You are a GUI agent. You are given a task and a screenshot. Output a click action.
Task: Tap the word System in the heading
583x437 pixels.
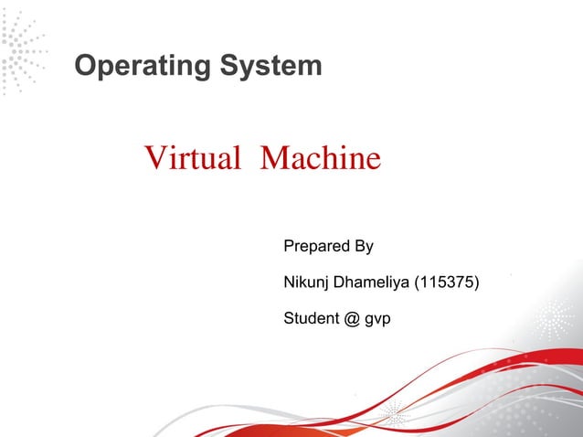(274, 67)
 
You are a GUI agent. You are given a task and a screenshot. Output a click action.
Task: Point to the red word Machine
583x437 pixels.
(320, 159)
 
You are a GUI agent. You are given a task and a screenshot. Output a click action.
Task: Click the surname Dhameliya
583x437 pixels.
(372, 282)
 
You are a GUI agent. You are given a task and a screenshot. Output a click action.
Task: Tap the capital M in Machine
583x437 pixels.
(273, 159)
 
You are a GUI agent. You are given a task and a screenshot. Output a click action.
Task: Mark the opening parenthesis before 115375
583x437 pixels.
(418, 282)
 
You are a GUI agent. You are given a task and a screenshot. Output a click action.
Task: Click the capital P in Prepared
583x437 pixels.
(290, 247)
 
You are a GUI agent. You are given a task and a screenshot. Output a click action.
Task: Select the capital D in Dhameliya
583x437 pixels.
(339, 282)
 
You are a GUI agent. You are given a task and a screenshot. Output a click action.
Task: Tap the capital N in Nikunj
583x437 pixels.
(290, 282)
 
